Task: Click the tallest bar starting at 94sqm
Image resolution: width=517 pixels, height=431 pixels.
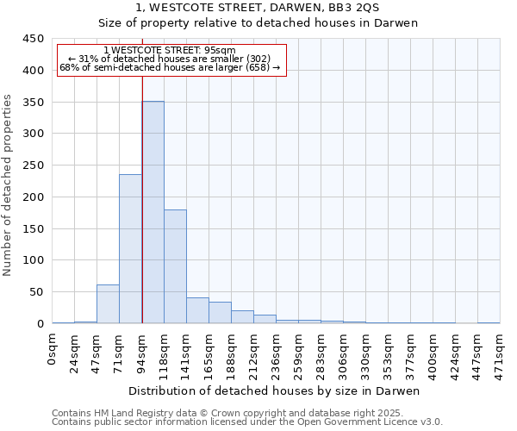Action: [153, 212]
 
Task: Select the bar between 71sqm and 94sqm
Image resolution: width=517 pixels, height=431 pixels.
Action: [130, 248]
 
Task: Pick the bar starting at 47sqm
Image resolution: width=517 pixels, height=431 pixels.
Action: [108, 303]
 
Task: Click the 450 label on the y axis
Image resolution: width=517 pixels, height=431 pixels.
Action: [34, 39]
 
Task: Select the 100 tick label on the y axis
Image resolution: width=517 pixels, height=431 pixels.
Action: [34, 260]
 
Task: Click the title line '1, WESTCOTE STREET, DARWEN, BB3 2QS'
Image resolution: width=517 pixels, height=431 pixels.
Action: [258, 8]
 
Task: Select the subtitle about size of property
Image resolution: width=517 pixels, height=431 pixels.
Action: [258, 23]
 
